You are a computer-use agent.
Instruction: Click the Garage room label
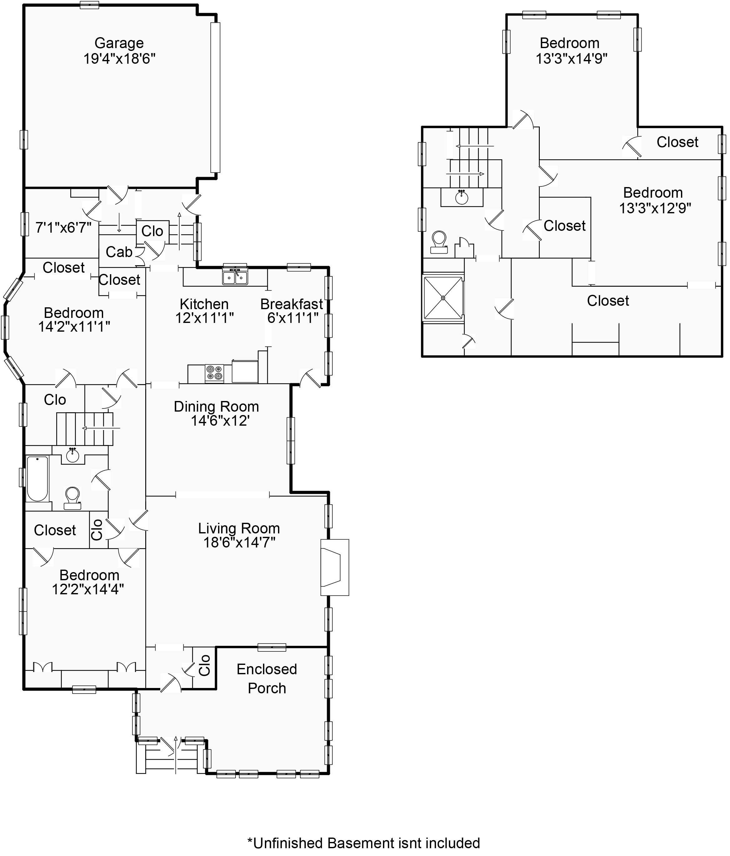119,43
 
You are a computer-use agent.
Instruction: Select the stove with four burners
214,373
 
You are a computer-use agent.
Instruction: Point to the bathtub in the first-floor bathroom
37,478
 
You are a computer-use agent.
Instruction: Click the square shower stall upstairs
443,298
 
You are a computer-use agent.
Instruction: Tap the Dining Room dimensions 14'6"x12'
220,421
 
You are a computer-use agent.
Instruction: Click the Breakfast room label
292,304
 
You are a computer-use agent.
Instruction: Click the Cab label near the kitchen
119,252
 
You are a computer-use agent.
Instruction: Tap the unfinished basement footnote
364,843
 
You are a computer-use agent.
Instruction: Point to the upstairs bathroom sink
462,197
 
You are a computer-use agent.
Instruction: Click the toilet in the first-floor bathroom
73,498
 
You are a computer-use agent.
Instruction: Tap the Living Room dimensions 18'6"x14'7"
239,542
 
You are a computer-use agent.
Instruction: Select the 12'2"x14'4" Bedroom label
89,582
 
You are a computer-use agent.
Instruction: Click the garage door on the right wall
215,97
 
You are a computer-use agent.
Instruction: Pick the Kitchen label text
204,304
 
